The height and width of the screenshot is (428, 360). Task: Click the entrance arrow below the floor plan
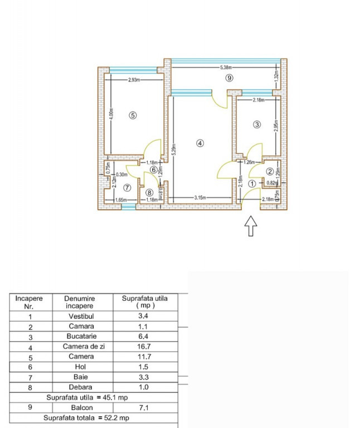[251, 226]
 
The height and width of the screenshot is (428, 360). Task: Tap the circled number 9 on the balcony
[228, 78]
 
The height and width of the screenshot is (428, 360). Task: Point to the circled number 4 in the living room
[200, 143]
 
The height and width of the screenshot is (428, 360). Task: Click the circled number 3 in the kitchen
[257, 125]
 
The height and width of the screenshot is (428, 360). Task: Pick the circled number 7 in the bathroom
[127, 188]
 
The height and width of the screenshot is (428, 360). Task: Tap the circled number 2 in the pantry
[270, 171]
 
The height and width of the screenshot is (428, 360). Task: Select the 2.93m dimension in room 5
[134, 80]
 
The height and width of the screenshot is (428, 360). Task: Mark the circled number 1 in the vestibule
[252, 183]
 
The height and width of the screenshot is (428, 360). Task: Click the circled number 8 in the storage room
[149, 192]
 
